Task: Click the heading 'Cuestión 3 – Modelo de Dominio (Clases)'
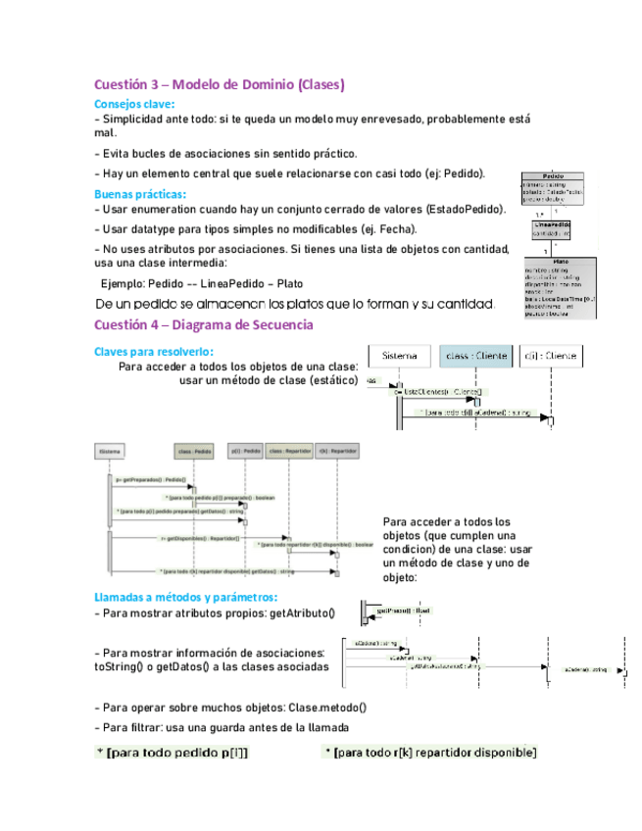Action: (x=219, y=85)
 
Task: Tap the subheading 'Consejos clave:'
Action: (x=134, y=104)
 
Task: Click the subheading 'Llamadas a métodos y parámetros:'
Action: (x=185, y=597)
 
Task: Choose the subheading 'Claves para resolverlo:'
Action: (x=153, y=352)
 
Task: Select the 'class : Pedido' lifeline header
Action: (x=194, y=452)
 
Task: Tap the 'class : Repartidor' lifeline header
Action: (x=290, y=452)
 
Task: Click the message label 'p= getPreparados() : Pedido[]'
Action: (x=152, y=480)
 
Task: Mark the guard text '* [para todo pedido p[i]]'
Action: (x=173, y=753)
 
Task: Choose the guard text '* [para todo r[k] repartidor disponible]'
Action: (x=429, y=753)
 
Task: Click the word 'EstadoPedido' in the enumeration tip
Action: (x=465, y=210)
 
